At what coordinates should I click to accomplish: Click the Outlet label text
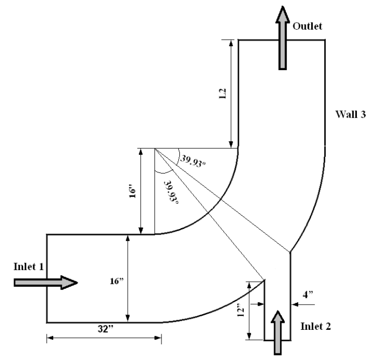click(307, 26)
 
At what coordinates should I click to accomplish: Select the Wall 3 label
click(351, 114)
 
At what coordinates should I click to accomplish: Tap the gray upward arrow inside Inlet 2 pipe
click(278, 332)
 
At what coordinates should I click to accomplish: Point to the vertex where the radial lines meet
click(155, 149)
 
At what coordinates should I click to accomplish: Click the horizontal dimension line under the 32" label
click(103, 338)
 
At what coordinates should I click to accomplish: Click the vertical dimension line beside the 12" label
click(249, 311)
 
